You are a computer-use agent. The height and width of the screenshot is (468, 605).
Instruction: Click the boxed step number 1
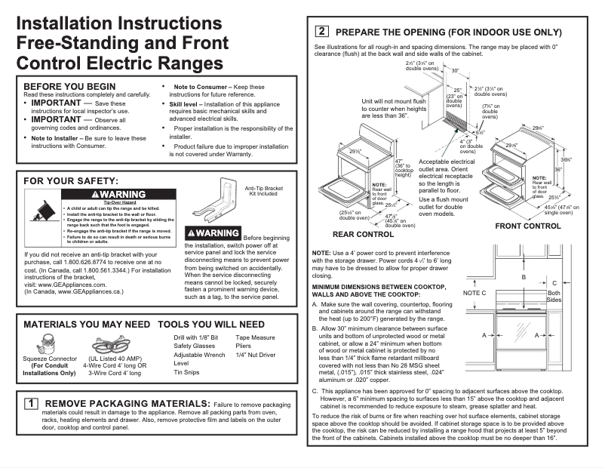click(x=32, y=404)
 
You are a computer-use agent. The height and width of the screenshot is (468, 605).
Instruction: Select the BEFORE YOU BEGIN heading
click(x=70, y=86)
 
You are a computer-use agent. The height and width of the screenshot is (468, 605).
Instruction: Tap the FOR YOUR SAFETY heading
click(x=71, y=181)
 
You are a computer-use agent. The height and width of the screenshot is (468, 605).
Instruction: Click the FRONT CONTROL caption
click(x=527, y=226)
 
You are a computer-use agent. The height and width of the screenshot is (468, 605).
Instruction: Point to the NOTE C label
click(x=474, y=292)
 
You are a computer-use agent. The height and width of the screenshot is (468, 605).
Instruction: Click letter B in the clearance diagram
click(x=523, y=278)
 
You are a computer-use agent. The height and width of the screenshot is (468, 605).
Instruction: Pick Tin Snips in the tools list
click(x=188, y=371)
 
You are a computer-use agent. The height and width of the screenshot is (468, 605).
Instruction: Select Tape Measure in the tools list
click(x=255, y=337)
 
